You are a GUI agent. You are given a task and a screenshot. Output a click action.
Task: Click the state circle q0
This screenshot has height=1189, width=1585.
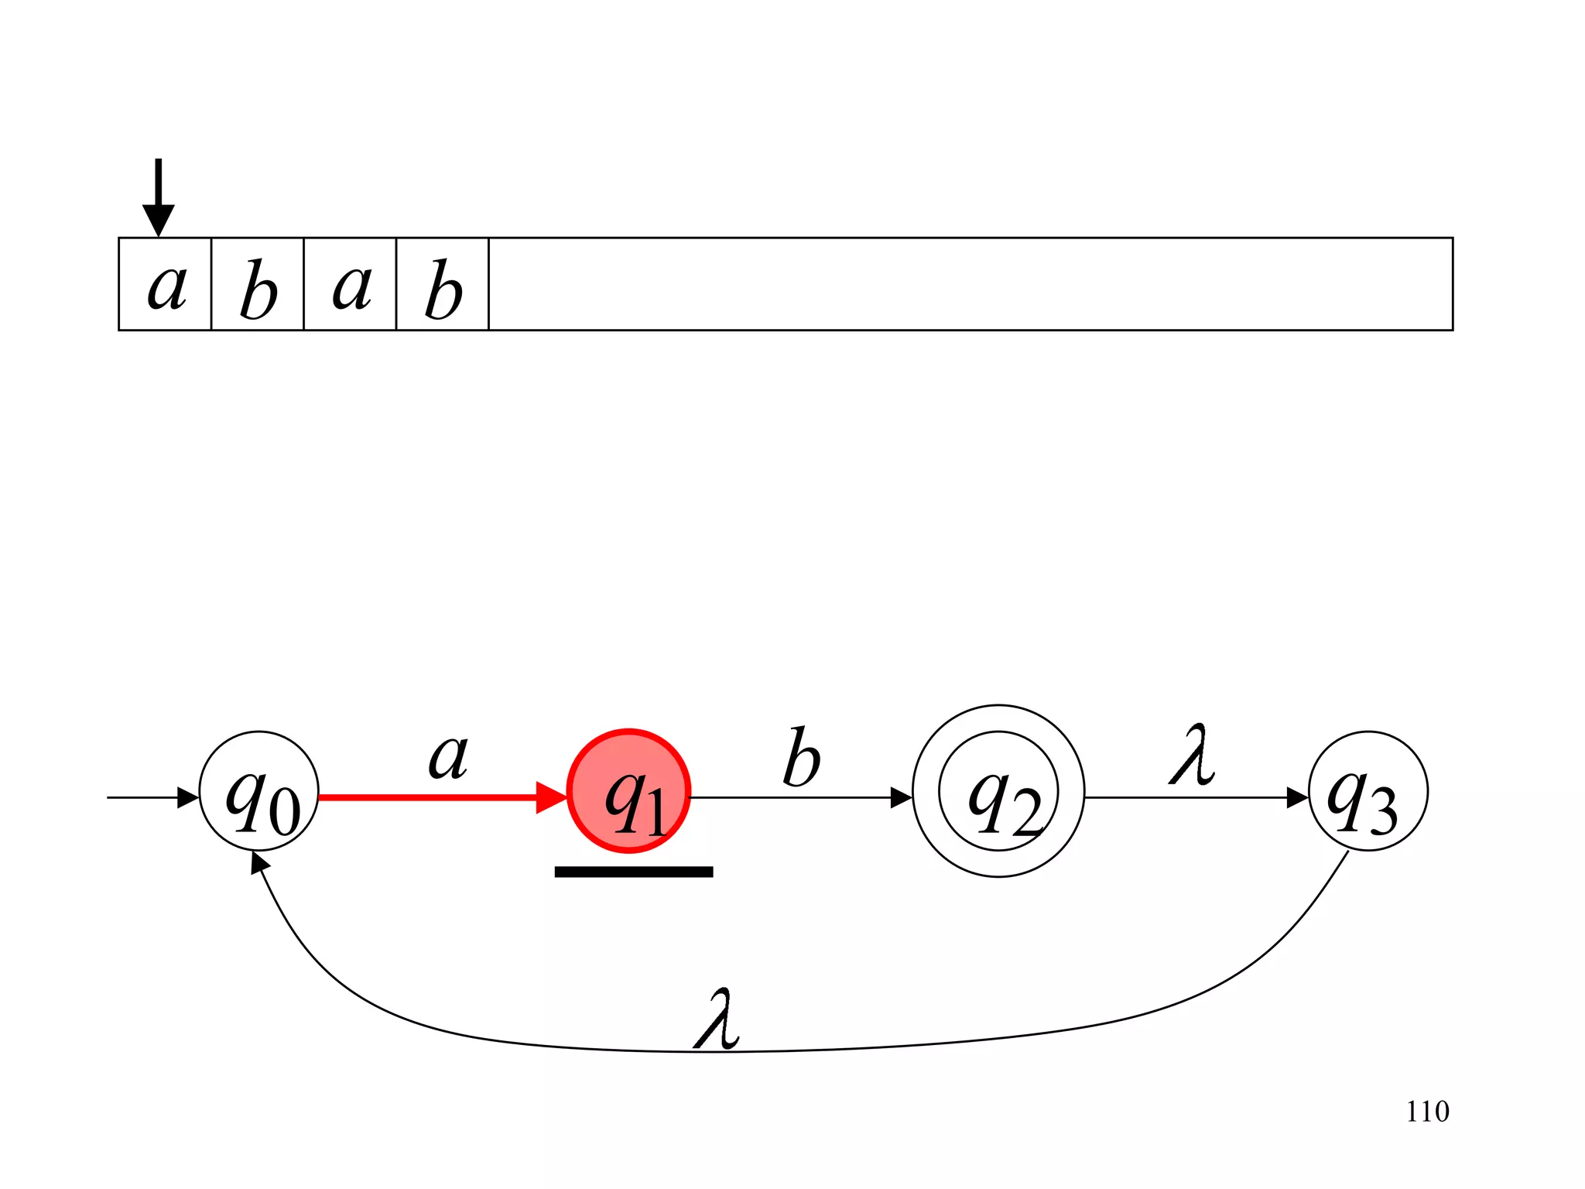[258, 791]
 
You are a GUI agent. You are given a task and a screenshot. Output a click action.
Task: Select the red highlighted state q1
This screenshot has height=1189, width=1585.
[628, 791]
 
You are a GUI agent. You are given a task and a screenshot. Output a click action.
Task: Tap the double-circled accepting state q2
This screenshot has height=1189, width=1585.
[998, 791]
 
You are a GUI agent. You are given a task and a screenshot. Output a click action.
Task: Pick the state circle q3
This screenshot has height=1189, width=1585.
[1368, 791]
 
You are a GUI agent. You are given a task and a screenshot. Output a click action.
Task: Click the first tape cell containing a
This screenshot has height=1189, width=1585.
[165, 284]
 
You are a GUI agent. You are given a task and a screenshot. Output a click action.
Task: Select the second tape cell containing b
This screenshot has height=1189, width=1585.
[258, 284]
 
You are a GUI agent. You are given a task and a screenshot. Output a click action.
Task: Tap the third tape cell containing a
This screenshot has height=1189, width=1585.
[350, 284]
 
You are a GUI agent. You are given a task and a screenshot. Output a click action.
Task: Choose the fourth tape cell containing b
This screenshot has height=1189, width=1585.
[443, 284]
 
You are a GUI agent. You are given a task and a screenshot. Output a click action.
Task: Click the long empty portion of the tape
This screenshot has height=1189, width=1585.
[971, 284]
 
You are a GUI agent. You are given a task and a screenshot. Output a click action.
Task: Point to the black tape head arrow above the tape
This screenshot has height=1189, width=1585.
[159, 197]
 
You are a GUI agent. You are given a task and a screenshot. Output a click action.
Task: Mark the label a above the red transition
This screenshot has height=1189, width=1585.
[448, 756]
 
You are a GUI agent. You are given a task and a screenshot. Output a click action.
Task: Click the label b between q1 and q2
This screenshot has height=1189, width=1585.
[801, 758]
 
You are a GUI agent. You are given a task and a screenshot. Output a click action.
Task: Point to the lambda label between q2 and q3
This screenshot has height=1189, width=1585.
[1192, 755]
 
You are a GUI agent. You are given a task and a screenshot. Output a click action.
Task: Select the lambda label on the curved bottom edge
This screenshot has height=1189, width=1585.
[717, 1019]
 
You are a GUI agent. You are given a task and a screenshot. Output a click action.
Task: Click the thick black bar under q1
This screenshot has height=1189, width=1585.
[633, 872]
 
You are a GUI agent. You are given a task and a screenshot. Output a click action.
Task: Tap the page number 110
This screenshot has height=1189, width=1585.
[1427, 1112]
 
